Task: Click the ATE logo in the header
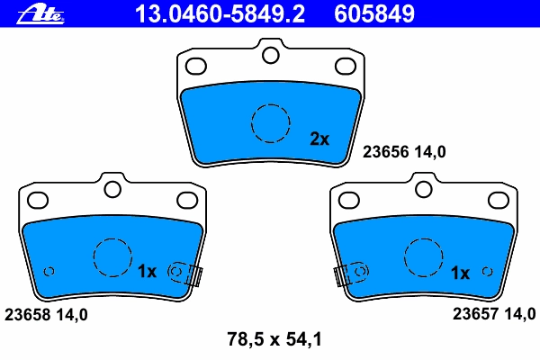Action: pos(40,15)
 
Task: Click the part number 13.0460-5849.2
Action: pos(220,13)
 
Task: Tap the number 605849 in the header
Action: pos(374,13)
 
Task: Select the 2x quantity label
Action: pos(319,139)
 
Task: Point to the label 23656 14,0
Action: pos(404,151)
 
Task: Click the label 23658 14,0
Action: pos(46,314)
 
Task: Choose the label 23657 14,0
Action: pos(494,314)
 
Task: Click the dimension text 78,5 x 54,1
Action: pos(274,339)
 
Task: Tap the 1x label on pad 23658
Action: pos(147,272)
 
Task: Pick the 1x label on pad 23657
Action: pos(460,274)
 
